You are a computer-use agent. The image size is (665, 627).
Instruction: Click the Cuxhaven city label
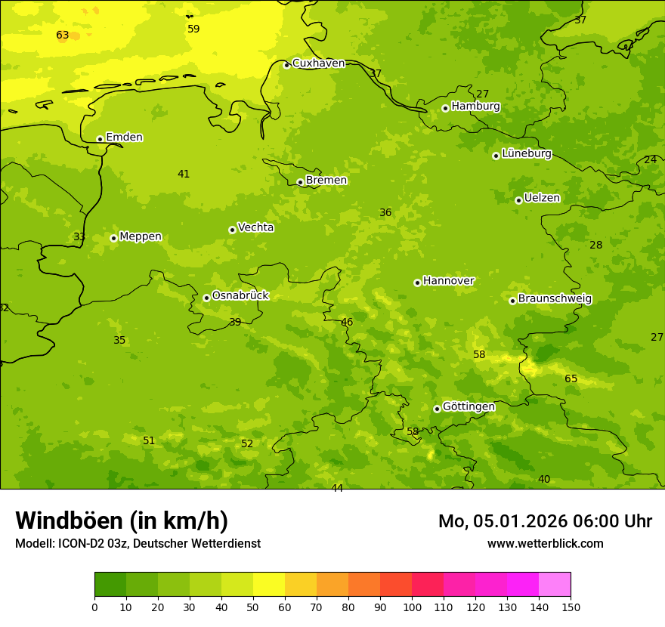point(318,63)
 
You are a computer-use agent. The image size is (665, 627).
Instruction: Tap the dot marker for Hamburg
point(445,108)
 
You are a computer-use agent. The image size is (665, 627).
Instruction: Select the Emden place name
point(124,137)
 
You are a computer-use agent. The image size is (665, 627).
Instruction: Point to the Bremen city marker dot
point(300,182)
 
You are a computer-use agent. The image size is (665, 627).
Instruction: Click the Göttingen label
point(469,406)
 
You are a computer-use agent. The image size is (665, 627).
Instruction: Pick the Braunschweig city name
point(555,299)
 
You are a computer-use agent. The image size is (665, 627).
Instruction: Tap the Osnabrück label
point(240,295)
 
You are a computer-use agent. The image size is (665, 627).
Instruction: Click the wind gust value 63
point(63,36)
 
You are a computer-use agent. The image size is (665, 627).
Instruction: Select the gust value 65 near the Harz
point(571,379)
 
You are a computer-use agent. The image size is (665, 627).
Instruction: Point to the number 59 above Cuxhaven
point(193,29)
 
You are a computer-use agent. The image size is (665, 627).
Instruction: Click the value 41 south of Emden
point(184,175)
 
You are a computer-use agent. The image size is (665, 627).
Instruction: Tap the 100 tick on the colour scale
point(412,607)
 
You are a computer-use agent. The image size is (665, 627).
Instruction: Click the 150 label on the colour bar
point(571,607)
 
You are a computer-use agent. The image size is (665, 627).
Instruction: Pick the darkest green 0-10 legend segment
point(110,585)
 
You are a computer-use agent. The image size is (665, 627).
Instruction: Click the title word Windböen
point(69,520)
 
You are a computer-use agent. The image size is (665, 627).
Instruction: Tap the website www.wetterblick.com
point(545,544)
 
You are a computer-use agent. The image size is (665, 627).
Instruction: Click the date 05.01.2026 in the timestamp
point(521,521)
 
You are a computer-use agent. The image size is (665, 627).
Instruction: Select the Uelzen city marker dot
point(518,200)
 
